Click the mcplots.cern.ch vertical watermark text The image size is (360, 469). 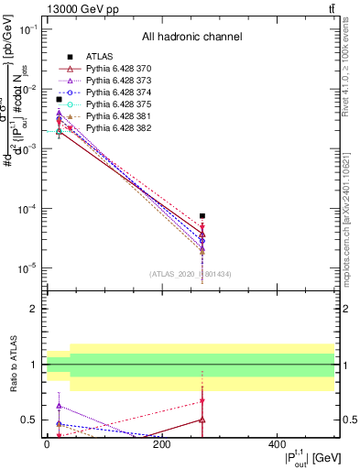click(x=345, y=228)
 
